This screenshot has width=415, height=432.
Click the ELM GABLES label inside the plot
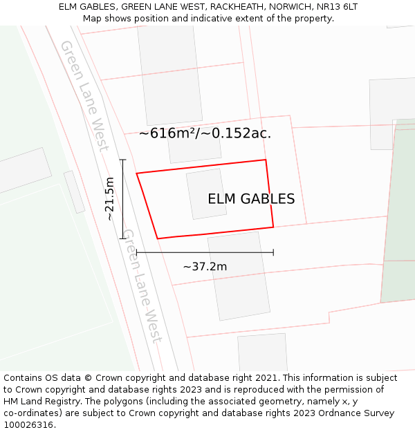click(x=251, y=199)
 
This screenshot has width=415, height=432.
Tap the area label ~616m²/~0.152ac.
click(x=205, y=133)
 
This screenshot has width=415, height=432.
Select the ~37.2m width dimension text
click(x=205, y=267)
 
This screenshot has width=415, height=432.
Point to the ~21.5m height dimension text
click(x=109, y=199)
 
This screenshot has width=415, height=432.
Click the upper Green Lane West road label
click(x=85, y=95)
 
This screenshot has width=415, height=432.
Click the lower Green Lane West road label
click(x=142, y=286)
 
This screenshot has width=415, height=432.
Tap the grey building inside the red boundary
click(x=206, y=194)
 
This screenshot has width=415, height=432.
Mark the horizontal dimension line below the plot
click(x=205, y=252)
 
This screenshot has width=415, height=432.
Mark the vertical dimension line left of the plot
click(x=123, y=199)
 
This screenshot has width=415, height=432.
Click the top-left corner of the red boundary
click(x=137, y=173)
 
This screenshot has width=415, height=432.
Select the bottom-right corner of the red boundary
click(x=273, y=227)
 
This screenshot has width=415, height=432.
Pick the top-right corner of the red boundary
click(x=266, y=160)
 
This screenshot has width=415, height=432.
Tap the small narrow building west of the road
click(x=74, y=191)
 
